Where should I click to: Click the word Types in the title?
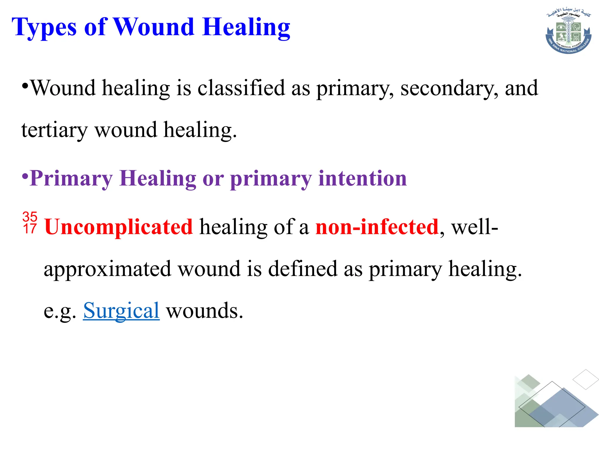coord(44,28)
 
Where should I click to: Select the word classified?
coord(241,88)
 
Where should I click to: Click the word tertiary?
coord(54,130)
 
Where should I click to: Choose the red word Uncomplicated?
coord(119,227)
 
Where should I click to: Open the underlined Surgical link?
coord(121,311)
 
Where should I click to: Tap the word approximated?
coord(107,269)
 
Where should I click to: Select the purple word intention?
coord(362,178)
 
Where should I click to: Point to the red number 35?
coord(30,217)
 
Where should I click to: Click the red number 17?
coord(30,229)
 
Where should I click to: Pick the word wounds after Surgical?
coord(204,311)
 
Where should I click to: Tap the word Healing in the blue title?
coord(246,28)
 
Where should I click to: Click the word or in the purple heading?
coord(213,179)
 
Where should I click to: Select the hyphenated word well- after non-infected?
coord(474,227)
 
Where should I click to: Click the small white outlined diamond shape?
coord(586,379)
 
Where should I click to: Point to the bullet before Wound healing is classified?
coord(25,87)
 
